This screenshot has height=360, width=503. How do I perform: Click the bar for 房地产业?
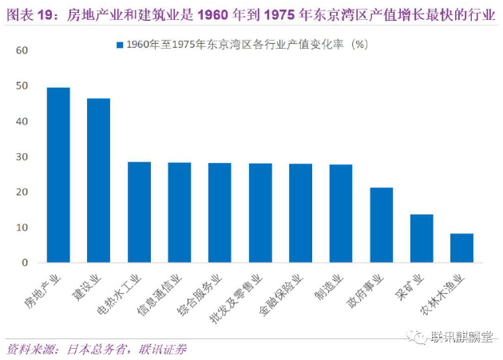pyautogui.click(x=58, y=175)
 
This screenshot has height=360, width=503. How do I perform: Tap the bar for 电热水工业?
pyautogui.click(x=139, y=212)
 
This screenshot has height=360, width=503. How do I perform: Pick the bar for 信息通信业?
pyautogui.click(x=180, y=212)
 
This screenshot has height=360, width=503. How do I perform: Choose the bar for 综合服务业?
pyautogui.click(x=220, y=213)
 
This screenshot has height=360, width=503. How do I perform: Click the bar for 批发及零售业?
pyautogui.click(x=260, y=213)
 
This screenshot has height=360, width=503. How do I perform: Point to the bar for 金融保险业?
pyautogui.click(x=300, y=213)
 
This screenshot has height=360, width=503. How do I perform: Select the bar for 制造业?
pyautogui.click(x=341, y=214)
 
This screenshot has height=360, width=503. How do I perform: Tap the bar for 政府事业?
pyautogui.click(x=381, y=225)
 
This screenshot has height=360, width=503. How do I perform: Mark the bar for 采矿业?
pyautogui.click(x=422, y=239)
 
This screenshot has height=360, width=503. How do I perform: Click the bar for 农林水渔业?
pyautogui.click(x=461, y=248)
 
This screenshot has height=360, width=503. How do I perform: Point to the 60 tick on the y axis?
pyautogui.click(x=22, y=51)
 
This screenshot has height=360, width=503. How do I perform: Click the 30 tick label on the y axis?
pyautogui.click(x=22, y=157)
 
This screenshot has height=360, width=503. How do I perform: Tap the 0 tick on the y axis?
pyautogui.click(x=25, y=263)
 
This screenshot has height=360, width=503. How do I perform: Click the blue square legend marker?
pyautogui.click(x=120, y=45)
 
